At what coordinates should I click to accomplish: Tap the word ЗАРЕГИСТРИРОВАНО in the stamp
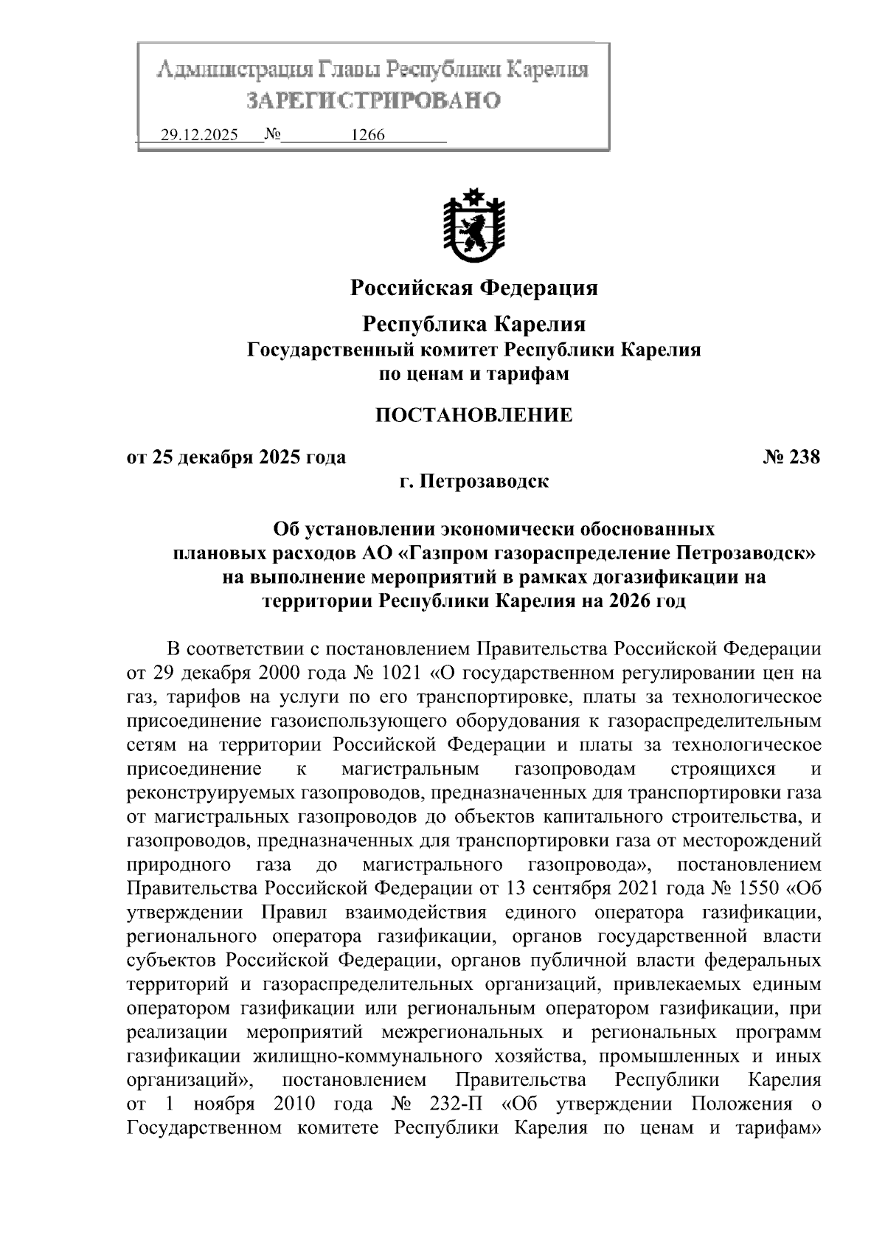pos(373,101)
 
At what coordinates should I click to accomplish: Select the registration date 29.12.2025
pos(199,136)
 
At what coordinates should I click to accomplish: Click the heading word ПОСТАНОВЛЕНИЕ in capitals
pos(474,415)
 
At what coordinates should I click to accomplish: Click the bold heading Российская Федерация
pos(473,287)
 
